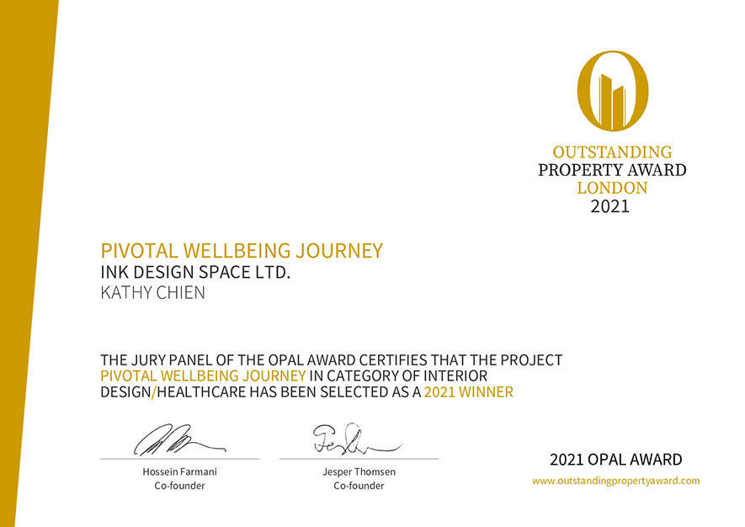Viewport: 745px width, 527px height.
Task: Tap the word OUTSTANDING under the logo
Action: coord(613,152)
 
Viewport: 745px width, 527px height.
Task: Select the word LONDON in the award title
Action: coord(613,188)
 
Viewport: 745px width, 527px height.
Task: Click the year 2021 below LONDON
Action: coord(610,206)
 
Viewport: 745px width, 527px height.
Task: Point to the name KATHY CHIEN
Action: coord(152,292)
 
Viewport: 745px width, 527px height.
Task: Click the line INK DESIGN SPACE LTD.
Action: coord(195,272)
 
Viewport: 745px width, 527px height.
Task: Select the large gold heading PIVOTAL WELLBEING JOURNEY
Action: coord(242,250)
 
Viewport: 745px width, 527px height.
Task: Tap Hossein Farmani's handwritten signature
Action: coord(179,439)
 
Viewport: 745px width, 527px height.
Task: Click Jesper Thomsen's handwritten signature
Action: coord(357,438)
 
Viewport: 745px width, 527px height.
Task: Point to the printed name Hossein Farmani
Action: coord(179,472)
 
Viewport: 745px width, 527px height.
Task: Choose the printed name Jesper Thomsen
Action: coord(359,472)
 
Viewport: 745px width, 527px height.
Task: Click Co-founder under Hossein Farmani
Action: coord(179,486)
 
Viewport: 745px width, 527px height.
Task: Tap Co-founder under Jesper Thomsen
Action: coord(359,486)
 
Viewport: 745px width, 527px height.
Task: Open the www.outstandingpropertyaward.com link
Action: coord(615,481)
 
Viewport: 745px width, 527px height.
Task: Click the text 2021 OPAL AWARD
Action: coord(615,460)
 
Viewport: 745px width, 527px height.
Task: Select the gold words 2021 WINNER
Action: coord(469,392)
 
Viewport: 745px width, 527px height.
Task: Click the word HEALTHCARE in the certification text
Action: coord(201,392)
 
